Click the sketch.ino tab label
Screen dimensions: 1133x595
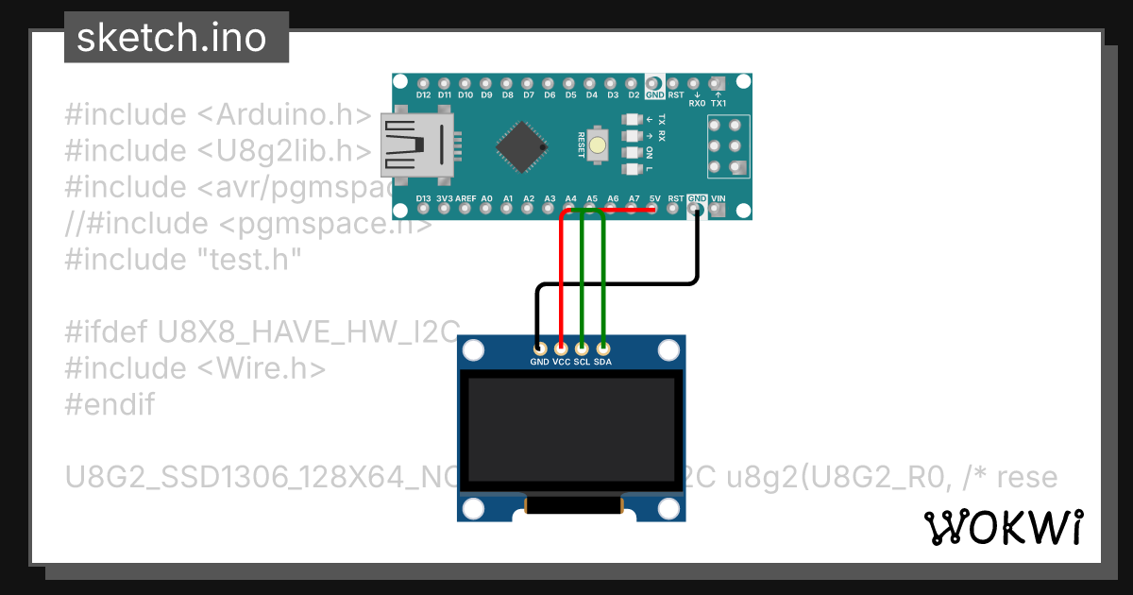171,38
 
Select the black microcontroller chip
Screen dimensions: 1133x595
522,144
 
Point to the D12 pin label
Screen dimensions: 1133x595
423,95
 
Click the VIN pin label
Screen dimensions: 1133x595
718,198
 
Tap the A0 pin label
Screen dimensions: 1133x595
487,198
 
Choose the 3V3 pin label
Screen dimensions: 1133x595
445,198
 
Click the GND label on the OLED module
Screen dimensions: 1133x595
539,362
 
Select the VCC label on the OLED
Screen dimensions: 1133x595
561,362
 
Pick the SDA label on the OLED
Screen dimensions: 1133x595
602,362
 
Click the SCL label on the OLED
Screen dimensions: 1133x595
582,362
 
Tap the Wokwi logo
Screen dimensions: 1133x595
1002,527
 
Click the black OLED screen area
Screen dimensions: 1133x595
571,431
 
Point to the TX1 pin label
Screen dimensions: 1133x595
719,104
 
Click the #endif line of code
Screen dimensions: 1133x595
110,404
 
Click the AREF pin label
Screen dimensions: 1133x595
466,198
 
